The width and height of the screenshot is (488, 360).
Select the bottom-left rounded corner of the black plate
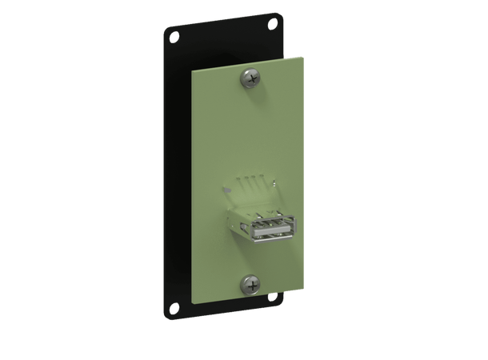point(166,313)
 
